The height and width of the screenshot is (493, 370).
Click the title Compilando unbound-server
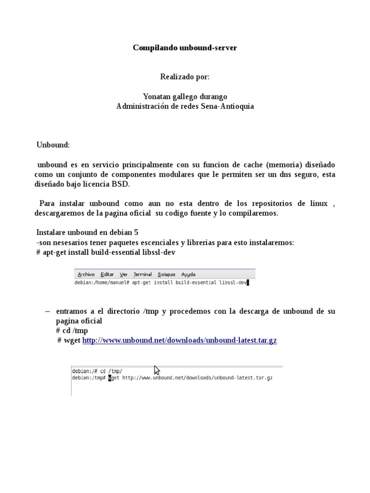pyautogui.click(x=185, y=48)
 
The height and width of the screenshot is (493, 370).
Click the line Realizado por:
pyautogui.click(x=185, y=77)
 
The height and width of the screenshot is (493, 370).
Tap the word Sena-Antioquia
pyautogui.click(x=230, y=106)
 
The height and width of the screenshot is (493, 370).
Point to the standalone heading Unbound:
pyautogui.click(x=53, y=145)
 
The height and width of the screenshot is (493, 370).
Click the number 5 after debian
pyautogui.click(x=136, y=232)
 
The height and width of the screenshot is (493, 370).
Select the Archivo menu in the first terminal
pyautogui.click(x=86, y=274)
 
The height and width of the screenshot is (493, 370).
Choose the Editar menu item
pyautogui.click(x=107, y=274)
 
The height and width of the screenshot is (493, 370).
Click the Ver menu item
pyautogui.click(x=124, y=274)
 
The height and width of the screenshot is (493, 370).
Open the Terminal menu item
pyautogui.click(x=143, y=274)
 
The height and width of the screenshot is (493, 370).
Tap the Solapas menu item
pyautogui.click(x=167, y=274)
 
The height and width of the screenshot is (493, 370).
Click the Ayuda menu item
pyautogui.click(x=188, y=274)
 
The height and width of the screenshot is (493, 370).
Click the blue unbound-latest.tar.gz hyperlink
pyautogui.click(x=180, y=340)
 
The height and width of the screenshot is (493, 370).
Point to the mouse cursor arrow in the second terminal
pyautogui.click(x=157, y=370)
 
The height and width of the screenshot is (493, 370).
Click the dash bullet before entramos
pyautogui.click(x=47, y=311)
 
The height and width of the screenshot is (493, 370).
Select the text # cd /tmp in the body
pyautogui.click(x=72, y=331)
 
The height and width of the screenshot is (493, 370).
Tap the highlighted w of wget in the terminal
pyautogui.click(x=110, y=378)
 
